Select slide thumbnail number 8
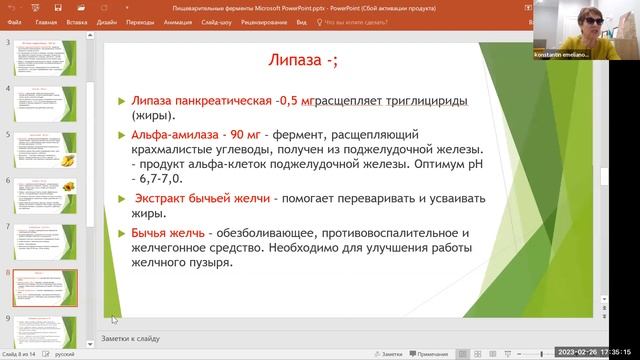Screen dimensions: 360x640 click(49, 288)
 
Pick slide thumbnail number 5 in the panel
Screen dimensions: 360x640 click(49, 146)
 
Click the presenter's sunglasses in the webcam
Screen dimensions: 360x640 click(603, 23)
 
